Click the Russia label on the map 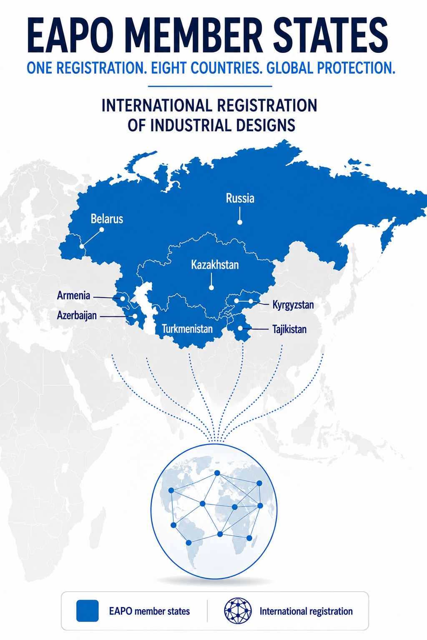click(240, 198)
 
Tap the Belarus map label click(107, 219)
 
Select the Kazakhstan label click(215, 265)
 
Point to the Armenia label click(73, 295)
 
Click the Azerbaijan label click(77, 316)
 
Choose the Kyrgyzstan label click(293, 305)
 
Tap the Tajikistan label click(289, 329)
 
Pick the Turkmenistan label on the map click(187, 329)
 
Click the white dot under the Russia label click(240, 222)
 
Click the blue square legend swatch click(88, 610)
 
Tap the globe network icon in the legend click(238, 611)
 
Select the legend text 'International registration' click(306, 611)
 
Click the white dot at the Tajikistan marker click(240, 328)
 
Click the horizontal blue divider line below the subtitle click(210, 86)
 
